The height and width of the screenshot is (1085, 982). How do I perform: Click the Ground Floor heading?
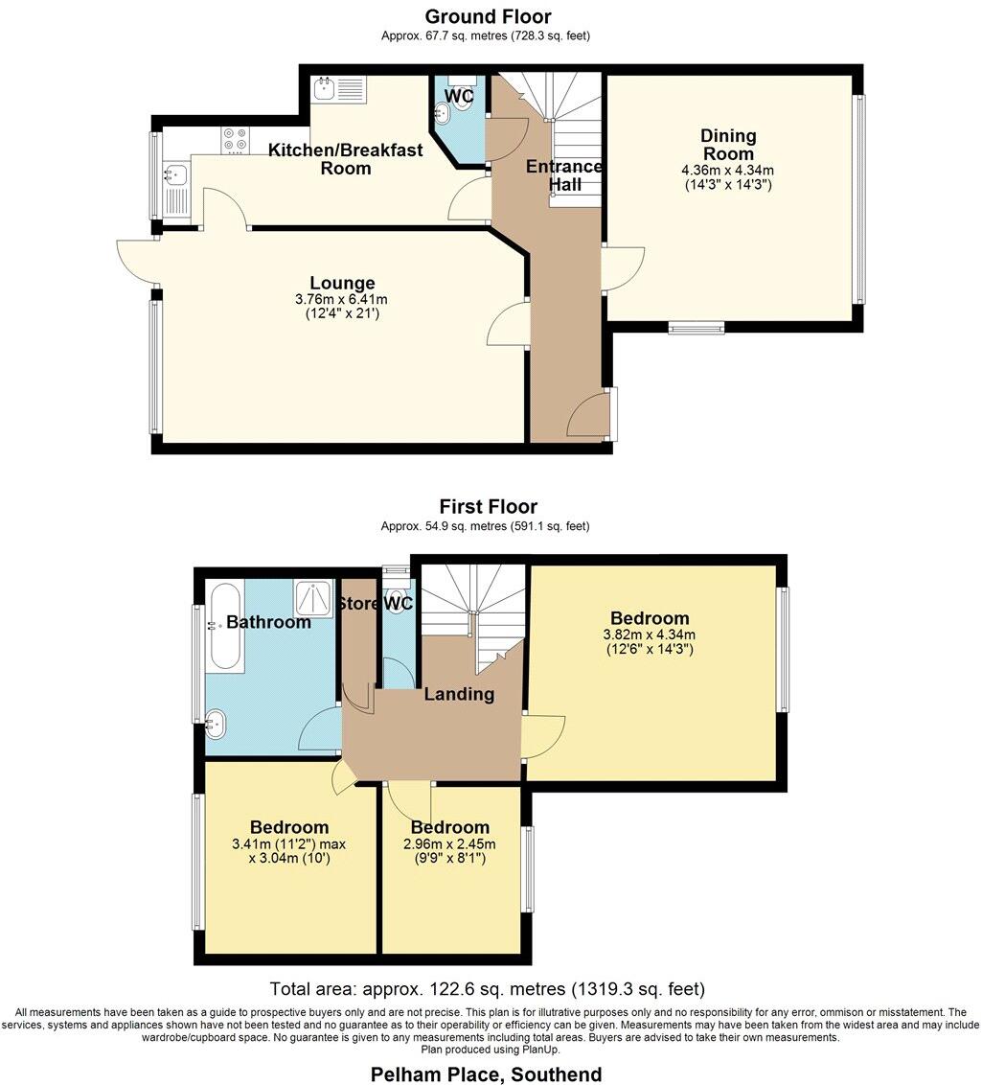(x=488, y=16)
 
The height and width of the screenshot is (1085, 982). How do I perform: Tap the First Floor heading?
(x=488, y=506)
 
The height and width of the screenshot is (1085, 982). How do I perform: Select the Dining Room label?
(x=729, y=145)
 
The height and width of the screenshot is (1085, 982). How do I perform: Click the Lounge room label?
(x=342, y=284)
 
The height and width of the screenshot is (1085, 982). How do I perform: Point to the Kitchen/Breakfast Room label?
(x=345, y=159)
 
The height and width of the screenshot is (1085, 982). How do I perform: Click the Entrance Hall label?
(x=564, y=175)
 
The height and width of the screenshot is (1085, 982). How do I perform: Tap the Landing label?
(x=459, y=694)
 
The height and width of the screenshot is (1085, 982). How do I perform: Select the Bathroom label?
(x=268, y=622)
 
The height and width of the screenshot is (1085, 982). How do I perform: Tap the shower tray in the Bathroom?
(x=313, y=598)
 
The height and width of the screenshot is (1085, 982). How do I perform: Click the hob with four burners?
(x=236, y=140)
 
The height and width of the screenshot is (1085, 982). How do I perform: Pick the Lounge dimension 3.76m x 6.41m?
(x=342, y=299)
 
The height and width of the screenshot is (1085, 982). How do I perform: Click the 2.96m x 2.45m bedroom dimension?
(x=450, y=844)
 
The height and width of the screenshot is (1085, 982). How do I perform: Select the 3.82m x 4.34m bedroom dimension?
(x=650, y=635)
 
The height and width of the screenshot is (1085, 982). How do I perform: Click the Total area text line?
(x=488, y=988)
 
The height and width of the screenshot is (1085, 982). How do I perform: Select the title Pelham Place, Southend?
(x=487, y=1073)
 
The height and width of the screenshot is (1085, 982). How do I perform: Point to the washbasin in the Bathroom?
(x=217, y=724)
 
